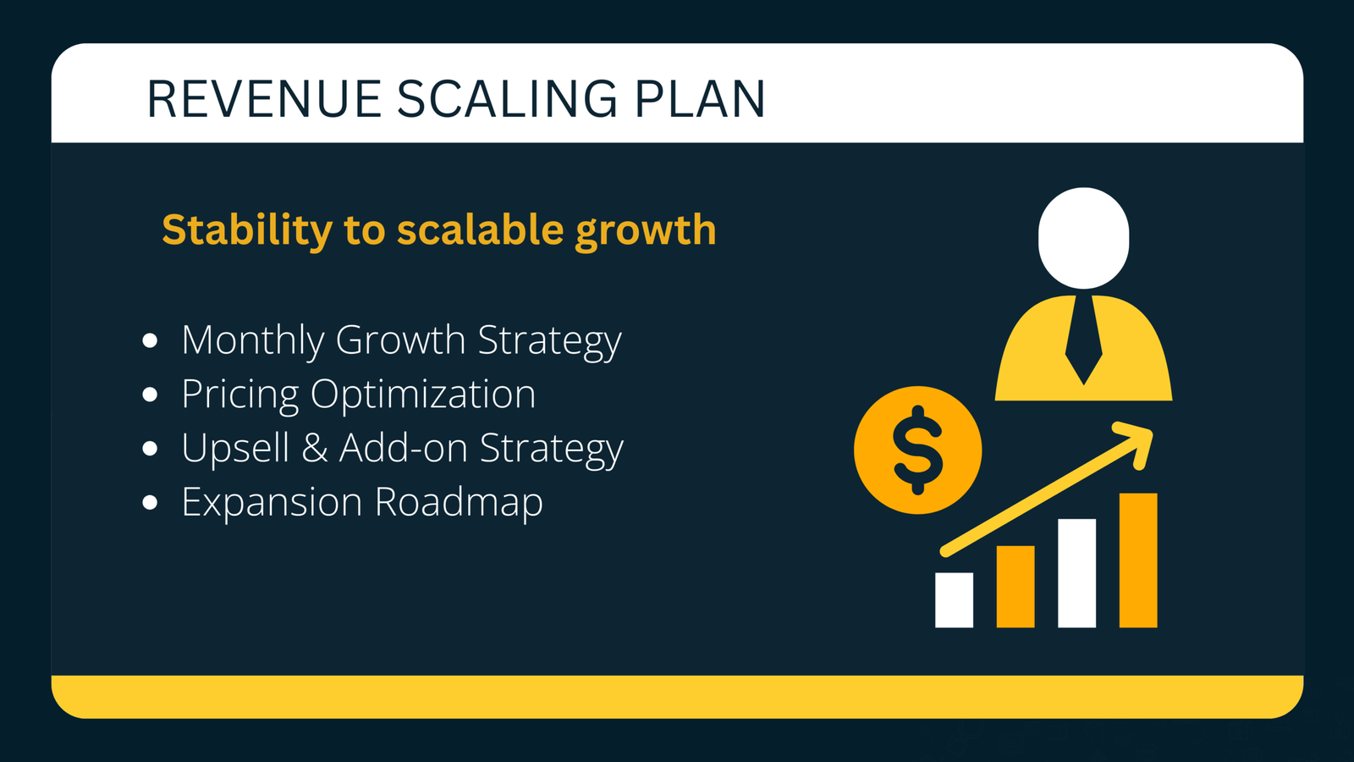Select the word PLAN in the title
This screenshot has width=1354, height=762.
pyautogui.click(x=700, y=99)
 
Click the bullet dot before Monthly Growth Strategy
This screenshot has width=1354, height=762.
pyautogui.click(x=151, y=340)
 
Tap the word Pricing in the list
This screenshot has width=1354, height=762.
pyautogui.click(x=240, y=395)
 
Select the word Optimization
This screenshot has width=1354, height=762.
pyautogui.click(x=423, y=395)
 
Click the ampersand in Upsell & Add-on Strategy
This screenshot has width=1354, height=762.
pyautogui.click(x=315, y=448)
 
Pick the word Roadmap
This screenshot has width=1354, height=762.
pyautogui.click(x=459, y=503)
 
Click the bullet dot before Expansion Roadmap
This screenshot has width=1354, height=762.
pyautogui.click(x=151, y=503)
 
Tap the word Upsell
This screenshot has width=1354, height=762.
pyautogui.click(x=235, y=449)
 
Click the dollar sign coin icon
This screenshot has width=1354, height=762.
pyautogui.click(x=918, y=450)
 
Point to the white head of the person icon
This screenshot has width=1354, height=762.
pyautogui.click(x=1083, y=238)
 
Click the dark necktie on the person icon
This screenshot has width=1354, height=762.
pyautogui.click(x=1083, y=339)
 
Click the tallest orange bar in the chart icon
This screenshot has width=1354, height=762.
pyautogui.click(x=1138, y=560)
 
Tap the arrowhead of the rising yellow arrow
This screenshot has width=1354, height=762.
pyautogui.click(x=1138, y=440)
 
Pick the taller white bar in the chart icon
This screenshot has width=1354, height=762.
pyautogui.click(x=1076, y=573)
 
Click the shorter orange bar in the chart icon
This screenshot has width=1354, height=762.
pyautogui.click(x=1015, y=586)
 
